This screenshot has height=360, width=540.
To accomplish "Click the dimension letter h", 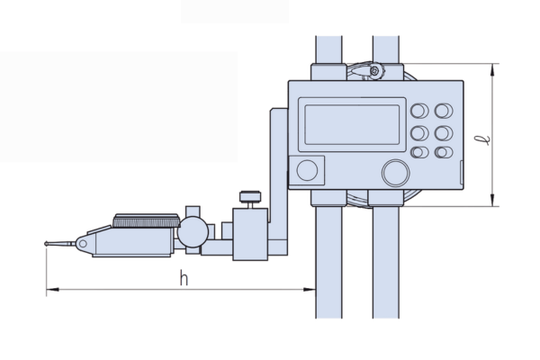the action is coord(184,278).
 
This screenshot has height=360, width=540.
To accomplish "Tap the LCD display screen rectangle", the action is coord(352,124).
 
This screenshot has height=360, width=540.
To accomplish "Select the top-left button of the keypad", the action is coord(419,111).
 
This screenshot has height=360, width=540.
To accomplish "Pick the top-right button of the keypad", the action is coord(444,111).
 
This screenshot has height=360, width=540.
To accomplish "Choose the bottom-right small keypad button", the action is coord(444,152).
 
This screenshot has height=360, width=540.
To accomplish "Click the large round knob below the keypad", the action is coord(396,173).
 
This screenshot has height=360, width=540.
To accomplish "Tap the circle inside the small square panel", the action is coord(307,170).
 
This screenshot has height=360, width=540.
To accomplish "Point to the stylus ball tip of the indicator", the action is coord(46,244).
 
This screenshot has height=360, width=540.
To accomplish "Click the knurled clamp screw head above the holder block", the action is coord(250,196).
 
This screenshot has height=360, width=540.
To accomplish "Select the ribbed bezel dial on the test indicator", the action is coord(146,220).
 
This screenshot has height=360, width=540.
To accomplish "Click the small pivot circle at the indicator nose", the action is coord(83,244).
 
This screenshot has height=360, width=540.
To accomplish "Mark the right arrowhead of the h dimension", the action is coord(309,290).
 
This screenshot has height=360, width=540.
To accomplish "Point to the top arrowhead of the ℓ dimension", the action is coord(493,70).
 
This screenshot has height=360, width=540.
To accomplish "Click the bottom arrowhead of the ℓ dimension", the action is coord(493,200).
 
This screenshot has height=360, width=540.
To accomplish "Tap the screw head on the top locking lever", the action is coord(375,71).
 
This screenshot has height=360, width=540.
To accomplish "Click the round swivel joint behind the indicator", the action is coord(193,232).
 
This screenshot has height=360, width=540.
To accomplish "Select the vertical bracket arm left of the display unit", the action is coord(279,182).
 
